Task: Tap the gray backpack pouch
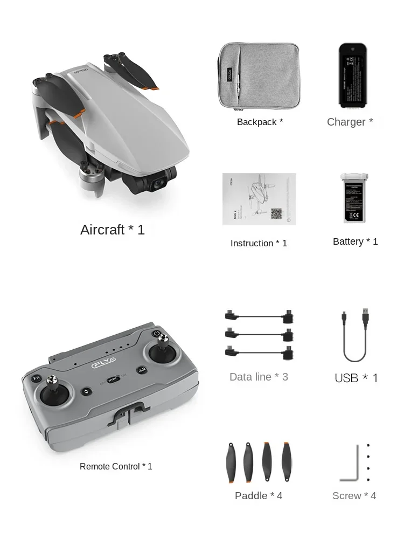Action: (259, 75)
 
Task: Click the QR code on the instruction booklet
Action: (276, 213)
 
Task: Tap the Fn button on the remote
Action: (36, 378)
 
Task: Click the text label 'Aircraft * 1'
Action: (113, 230)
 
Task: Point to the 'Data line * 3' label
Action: (259, 377)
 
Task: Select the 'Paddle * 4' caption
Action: (259, 495)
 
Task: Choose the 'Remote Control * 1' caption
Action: (116, 466)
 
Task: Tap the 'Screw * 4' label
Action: (354, 495)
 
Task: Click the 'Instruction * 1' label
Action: (259, 243)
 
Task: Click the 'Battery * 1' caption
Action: (356, 241)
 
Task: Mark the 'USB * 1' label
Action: (356, 378)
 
